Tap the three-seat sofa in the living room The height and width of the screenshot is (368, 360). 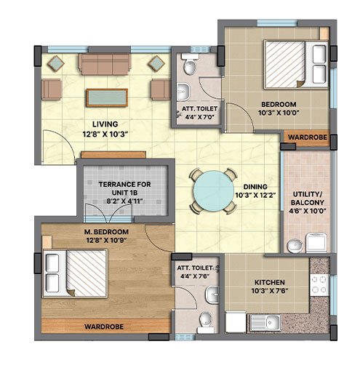point(105,64)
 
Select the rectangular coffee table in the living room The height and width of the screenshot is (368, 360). point(107,97)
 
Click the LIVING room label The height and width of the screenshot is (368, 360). point(105,124)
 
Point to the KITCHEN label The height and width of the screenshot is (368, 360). point(269,282)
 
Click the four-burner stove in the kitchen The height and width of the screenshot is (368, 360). point(319,284)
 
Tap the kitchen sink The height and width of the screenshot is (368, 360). point(265,322)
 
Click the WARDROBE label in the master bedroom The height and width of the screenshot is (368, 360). point(104,327)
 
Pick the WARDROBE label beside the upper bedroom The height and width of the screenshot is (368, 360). point(308,137)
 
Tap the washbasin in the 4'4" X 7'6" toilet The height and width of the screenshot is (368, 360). point(212,295)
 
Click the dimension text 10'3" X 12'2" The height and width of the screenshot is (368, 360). point(256,195)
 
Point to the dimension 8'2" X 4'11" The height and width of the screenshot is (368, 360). point(124,201)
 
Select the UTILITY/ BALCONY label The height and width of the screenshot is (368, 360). point(308,199)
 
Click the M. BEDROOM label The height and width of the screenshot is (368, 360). point(106,232)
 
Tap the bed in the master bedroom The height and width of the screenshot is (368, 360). point(75,273)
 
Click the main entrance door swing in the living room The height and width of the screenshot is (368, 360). point(59,147)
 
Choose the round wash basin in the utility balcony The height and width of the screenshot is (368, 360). point(295,246)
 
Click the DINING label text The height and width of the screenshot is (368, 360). point(255,187)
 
